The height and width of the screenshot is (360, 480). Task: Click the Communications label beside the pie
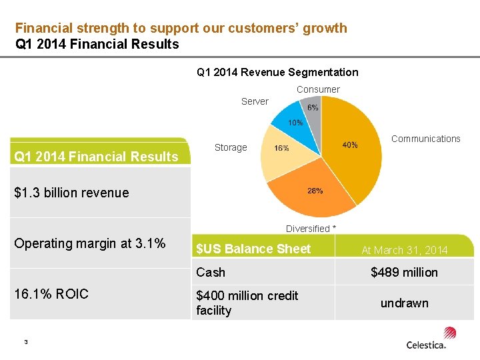[x=425, y=139]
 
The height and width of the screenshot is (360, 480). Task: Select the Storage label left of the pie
[x=231, y=147]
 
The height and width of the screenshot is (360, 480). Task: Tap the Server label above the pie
[x=255, y=101]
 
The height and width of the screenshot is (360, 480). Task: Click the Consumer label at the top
[x=318, y=89]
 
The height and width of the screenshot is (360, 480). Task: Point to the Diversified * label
[x=311, y=229]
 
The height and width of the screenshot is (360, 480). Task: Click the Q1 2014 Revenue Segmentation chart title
[x=277, y=72]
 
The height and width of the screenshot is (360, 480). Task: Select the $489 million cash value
[x=404, y=272]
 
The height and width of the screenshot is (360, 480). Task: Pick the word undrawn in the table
[x=404, y=303]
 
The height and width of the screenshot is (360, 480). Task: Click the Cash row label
[x=211, y=272]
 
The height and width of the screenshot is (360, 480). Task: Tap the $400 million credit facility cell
[x=247, y=303]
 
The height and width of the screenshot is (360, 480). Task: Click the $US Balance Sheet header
[x=253, y=249]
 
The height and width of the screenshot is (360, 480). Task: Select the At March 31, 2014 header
[x=404, y=250]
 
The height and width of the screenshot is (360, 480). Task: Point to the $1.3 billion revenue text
[x=71, y=193]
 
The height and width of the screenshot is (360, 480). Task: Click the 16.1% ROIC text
[x=51, y=294]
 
